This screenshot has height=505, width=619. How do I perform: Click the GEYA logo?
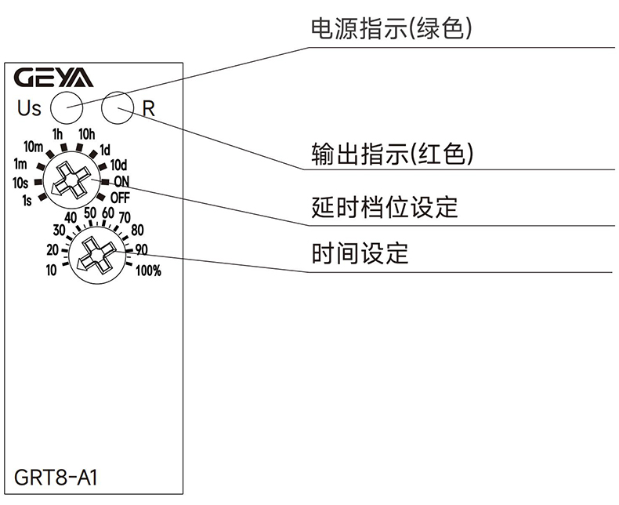[x=53, y=78]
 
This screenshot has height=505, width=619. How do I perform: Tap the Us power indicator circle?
[x=66, y=104]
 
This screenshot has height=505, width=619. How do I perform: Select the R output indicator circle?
[x=118, y=104]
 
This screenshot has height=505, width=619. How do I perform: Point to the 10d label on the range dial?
[x=118, y=165]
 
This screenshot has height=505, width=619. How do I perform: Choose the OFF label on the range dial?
[x=120, y=197]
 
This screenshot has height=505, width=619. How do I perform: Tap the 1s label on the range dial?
[x=27, y=200]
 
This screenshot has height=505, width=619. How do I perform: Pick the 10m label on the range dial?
[x=33, y=147]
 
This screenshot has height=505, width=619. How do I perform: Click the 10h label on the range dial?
[x=86, y=133]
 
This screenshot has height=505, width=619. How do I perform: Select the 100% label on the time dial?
[x=148, y=272]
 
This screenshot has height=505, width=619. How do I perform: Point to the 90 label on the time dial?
[x=142, y=250]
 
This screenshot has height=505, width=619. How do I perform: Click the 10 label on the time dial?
[x=52, y=271]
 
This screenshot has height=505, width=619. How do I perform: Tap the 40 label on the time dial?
[x=71, y=217]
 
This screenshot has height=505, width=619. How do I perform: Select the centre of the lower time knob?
[x=92, y=254]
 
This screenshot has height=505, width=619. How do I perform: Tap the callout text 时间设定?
[x=360, y=254]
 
